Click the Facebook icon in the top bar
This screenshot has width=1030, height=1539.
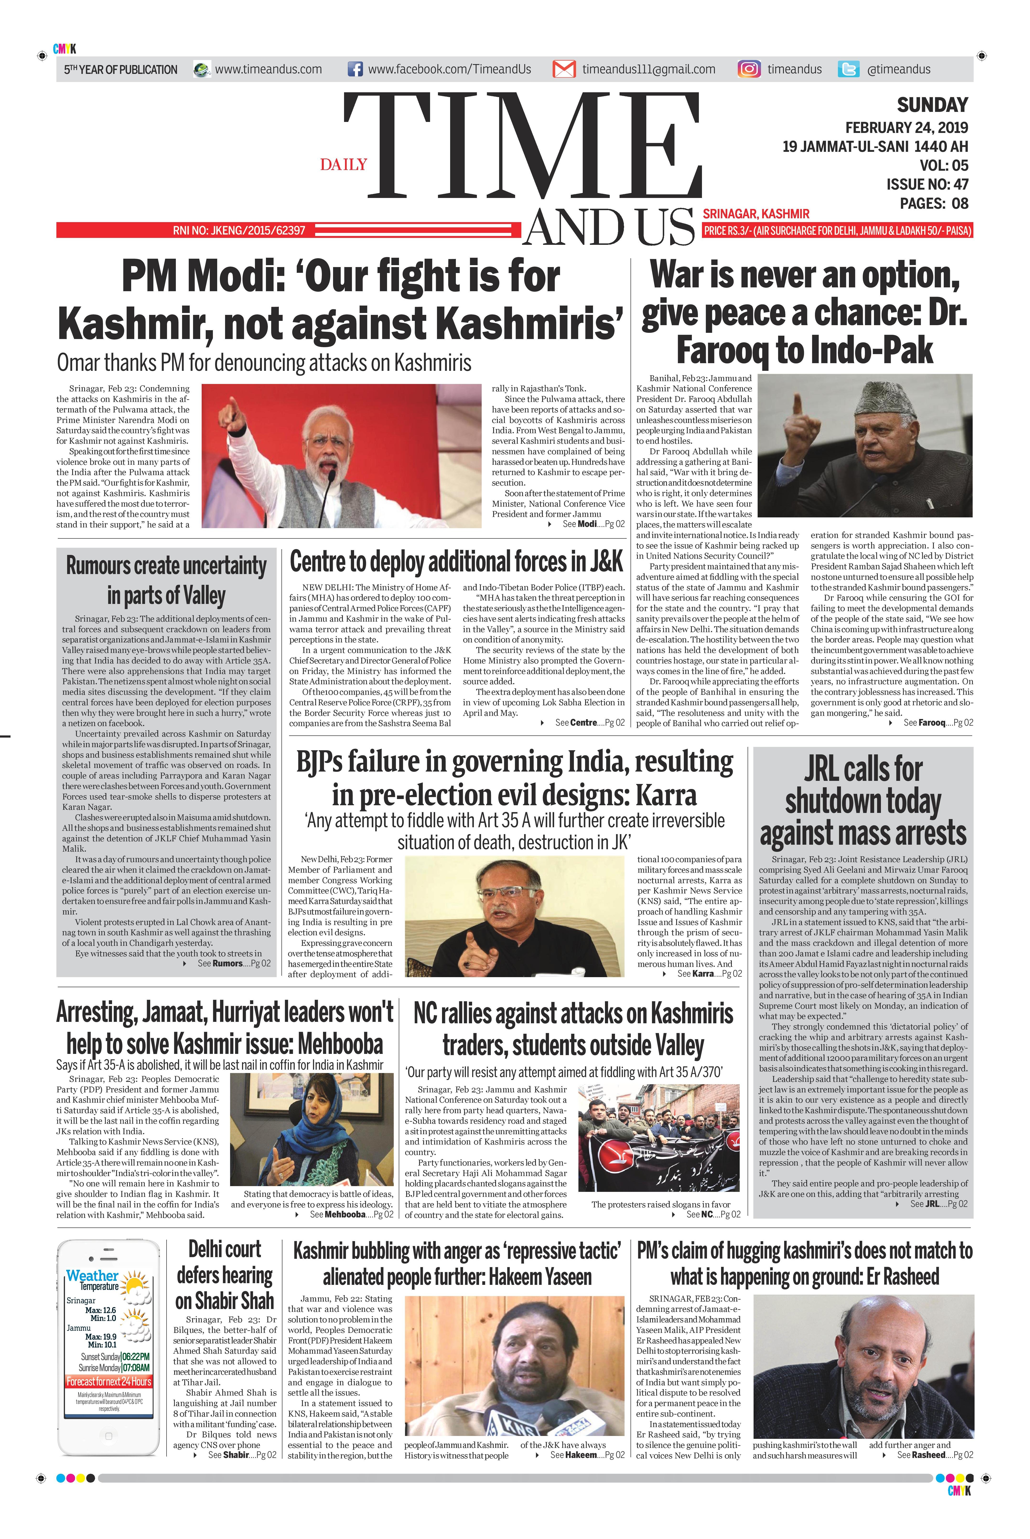tap(355, 69)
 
